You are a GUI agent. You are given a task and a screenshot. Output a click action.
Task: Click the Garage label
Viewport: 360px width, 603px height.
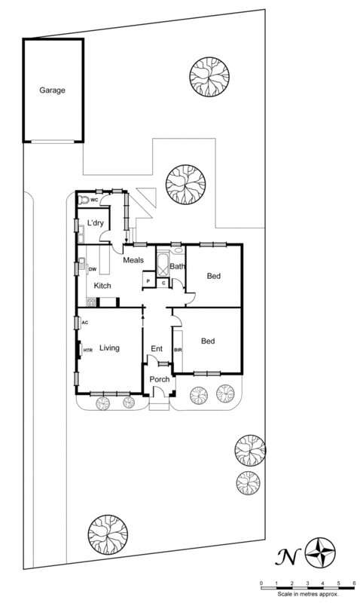pyautogui.click(x=52, y=90)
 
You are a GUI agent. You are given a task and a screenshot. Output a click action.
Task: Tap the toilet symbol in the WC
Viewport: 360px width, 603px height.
pyautogui.click(x=84, y=200)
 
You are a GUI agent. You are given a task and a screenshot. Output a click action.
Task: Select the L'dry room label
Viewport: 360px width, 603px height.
pyautogui.click(x=95, y=224)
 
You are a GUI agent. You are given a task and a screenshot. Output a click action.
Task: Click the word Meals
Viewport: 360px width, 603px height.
pyautogui.click(x=133, y=260)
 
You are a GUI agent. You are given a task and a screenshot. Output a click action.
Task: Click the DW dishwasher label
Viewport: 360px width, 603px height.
pyautogui.click(x=93, y=269)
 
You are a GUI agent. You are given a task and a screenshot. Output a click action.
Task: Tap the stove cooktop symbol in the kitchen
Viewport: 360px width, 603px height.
pyautogui.click(x=92, y=302)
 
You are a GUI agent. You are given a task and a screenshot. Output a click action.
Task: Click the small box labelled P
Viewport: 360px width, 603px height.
pyautogui.click(x=148, y=282)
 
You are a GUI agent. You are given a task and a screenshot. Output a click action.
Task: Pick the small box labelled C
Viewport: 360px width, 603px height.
pyautogui.click(x=163, y=282)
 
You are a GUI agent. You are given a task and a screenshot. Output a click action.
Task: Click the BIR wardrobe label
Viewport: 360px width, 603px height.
pyautogui.click(x=178, y=350)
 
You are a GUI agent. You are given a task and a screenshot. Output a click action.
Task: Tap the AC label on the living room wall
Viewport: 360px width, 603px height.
pyautogui.click(x=85, y=322)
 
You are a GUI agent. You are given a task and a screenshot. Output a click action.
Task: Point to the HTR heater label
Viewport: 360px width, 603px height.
pyautogui.click(x=87, y=350)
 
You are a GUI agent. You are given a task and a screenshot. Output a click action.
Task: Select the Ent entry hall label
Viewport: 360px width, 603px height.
pyautogui.click(x=157, y=348)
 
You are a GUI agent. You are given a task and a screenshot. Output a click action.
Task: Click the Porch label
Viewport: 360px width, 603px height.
pyautogui.click(x=159, y=378)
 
